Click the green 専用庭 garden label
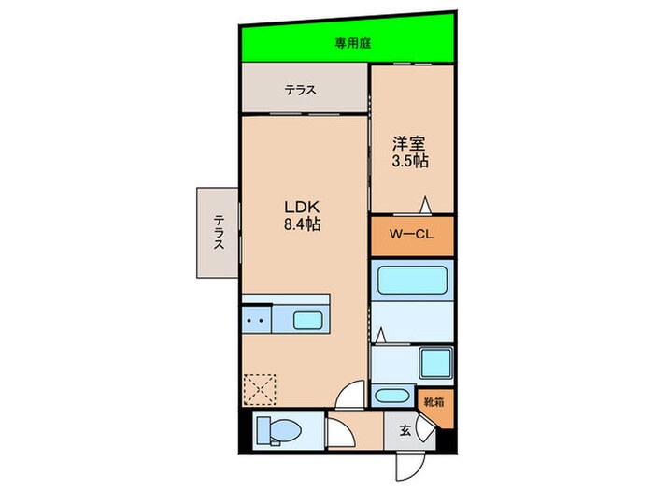[353, 43]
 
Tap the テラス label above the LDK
[300, 90]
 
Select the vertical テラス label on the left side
[219, 232]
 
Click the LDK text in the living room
[302, 207]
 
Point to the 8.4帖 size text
[302, 224]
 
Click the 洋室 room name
[408, 144]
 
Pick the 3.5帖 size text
[410, 161]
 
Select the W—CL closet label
[411, 234]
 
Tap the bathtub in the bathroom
[412, 281]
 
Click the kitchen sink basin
[307, 321]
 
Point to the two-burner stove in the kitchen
[256, 321]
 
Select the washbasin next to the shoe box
[391, 396]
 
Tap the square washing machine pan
[435, 363]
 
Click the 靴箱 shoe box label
[434, 402]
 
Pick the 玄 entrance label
[405, 430]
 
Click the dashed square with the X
[260, 390]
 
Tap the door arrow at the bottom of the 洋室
[424, 205]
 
